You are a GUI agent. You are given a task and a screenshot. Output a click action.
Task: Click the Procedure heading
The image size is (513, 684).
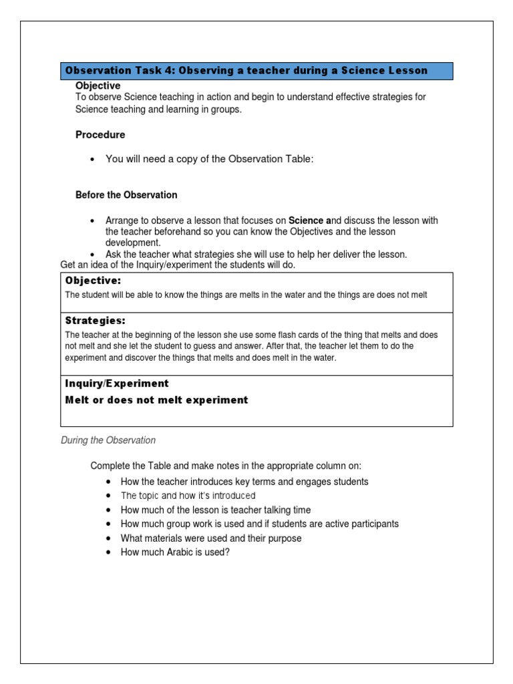pyautogui.click(x=100, y=135)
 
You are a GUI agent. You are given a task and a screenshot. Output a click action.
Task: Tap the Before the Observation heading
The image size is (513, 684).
pyautogui.click(x=126, y=195)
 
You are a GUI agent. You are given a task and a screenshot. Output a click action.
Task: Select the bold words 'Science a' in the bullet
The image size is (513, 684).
pyautogui.click(x=309, y=220)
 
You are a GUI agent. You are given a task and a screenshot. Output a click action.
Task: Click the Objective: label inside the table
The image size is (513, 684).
pyautogui.click(x=93, y=281)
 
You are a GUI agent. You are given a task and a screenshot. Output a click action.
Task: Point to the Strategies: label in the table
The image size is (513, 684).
pyautogui.click(x=95, y=321)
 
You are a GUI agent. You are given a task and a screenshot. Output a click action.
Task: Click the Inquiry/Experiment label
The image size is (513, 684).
pyautogui.click(x=117, y=383)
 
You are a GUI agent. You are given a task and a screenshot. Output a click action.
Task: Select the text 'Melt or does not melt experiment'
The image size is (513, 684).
pyautogui.click(x=156, y=400)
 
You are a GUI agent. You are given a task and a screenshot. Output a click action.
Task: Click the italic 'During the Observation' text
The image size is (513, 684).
pyautogui.click(x=108, y=440)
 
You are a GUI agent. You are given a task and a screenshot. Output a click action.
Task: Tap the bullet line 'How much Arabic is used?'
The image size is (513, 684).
pyautogui.click(x=175, y=552)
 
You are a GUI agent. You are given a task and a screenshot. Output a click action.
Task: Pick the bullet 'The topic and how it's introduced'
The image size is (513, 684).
pyautogui.click(x=188, y=496)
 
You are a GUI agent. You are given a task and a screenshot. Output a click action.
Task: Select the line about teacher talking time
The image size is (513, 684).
pyautogui.click(x=216, y=510)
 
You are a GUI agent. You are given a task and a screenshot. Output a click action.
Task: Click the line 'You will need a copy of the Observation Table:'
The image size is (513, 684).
pyautogui.click(x=209, y=159)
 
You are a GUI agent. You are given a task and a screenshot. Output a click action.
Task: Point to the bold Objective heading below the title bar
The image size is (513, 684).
pyautogui.click(x=98, y=86)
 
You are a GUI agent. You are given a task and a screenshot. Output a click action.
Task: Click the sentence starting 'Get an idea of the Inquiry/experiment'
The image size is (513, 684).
pyautogui.click(x=178, y=265)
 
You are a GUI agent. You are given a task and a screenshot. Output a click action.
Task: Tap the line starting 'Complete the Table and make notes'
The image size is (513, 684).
pyautogui.click(x=226, y=466)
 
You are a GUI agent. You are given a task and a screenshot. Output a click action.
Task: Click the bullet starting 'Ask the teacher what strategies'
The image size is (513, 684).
pyautogui.click(x=256, y=254)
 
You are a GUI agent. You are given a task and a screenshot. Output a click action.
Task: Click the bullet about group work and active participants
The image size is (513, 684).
pyautogui.click(x=260, y=524)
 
